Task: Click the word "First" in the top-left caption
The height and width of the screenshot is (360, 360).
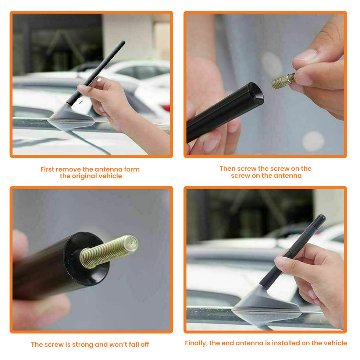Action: tap(47, 169)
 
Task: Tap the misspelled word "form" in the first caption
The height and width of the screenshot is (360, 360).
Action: tap(132, 169)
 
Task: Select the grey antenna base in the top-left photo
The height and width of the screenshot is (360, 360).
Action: tap(71, 117)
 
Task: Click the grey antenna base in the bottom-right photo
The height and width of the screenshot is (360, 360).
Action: tap(266, 306)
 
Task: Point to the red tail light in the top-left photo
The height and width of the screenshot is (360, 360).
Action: tap(165, 107)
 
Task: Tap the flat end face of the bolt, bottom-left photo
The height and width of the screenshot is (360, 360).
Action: tap(131, 243)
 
